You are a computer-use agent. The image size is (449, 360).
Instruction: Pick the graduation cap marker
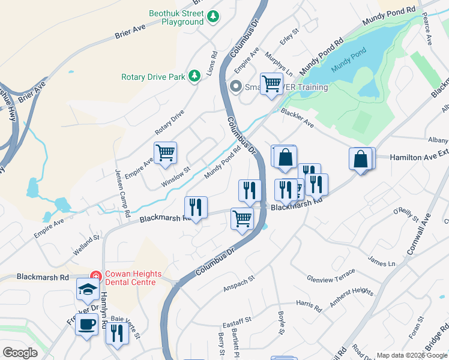[88, 290]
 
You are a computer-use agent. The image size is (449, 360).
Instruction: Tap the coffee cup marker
[88, 325]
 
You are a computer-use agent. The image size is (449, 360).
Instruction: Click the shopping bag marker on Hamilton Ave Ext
[361, 159]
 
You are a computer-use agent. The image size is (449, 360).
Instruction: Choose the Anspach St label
[239, 279]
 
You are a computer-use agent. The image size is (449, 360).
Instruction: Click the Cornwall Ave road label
[419, 233]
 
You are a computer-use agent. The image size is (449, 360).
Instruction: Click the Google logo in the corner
[20, 353]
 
